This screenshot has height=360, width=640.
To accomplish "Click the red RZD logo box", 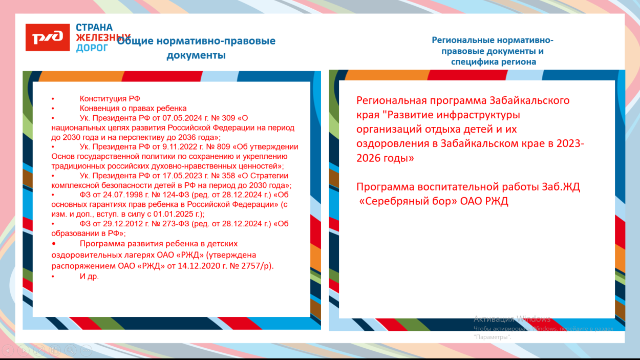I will point(48,37).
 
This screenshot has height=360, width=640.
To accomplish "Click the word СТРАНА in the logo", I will point(94,27).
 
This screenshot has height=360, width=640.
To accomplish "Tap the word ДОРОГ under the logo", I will point(92,48).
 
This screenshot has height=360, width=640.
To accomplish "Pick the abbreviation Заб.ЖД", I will point(561,187).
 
